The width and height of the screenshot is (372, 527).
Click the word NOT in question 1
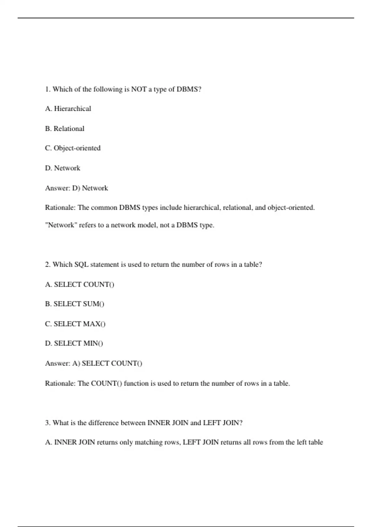coord(139,89)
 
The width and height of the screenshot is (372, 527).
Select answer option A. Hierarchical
coord(68,109)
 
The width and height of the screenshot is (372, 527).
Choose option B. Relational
coord(65,129)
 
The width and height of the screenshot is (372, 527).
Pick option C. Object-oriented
coord(73,148)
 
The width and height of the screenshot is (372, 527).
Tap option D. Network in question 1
coord(63,168)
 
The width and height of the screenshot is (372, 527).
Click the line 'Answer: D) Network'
coord(77,188)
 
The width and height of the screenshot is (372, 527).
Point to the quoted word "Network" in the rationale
coord(61,225)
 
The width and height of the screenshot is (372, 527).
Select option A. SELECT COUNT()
coord(80,285)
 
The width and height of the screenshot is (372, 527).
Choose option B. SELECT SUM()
coord(75,304)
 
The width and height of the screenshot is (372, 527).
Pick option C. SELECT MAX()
coord(75,324)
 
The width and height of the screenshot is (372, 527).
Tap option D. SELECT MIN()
coord(74,343)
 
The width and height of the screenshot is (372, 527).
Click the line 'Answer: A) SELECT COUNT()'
coord(94,363)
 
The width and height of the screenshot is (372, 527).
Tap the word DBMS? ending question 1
coord(189,89)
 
